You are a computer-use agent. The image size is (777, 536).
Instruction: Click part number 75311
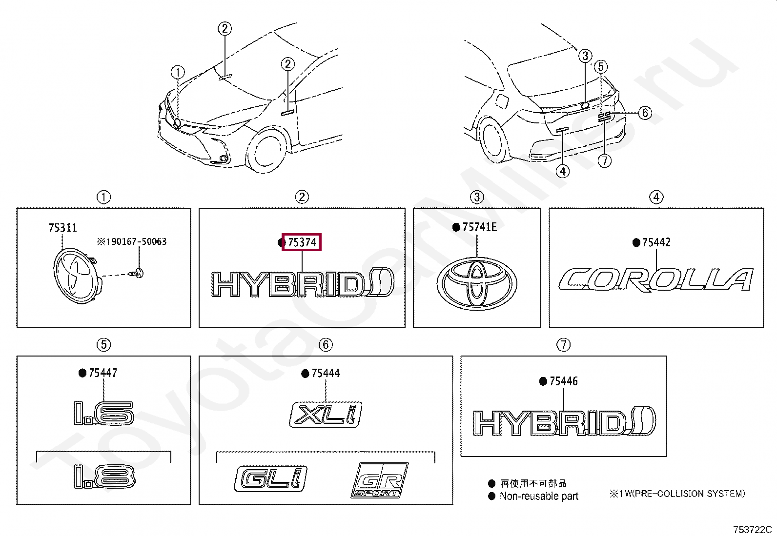pos(62,228)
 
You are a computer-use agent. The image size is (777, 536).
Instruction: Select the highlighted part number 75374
pos(302,242)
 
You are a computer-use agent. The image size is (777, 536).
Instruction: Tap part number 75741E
pos(479,227)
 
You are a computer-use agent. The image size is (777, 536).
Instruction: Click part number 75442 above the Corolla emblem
pos(656,242)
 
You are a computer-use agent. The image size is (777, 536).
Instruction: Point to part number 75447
pos(102,373)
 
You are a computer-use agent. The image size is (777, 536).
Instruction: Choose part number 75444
pos(325,373)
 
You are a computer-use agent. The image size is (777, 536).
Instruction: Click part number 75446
pos(563,381)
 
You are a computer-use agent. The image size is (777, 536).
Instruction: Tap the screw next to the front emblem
pos(138,273)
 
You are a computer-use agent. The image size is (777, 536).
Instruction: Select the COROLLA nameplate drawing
pos(655,280)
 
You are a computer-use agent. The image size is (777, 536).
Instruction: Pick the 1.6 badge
pos(103,413)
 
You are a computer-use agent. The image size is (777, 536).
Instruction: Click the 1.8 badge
pos(104,476)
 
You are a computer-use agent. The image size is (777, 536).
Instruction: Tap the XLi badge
pos(326,415)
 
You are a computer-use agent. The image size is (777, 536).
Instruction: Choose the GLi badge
pos(271,478)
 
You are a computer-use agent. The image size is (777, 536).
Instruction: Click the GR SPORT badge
pos(380,480)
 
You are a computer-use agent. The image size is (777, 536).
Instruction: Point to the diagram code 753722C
pos(752,530)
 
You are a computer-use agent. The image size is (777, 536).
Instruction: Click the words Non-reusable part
pos(539,496)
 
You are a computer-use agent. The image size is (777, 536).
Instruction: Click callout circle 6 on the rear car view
pos(645,113)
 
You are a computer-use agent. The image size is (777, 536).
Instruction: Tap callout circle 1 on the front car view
pos(178,72)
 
